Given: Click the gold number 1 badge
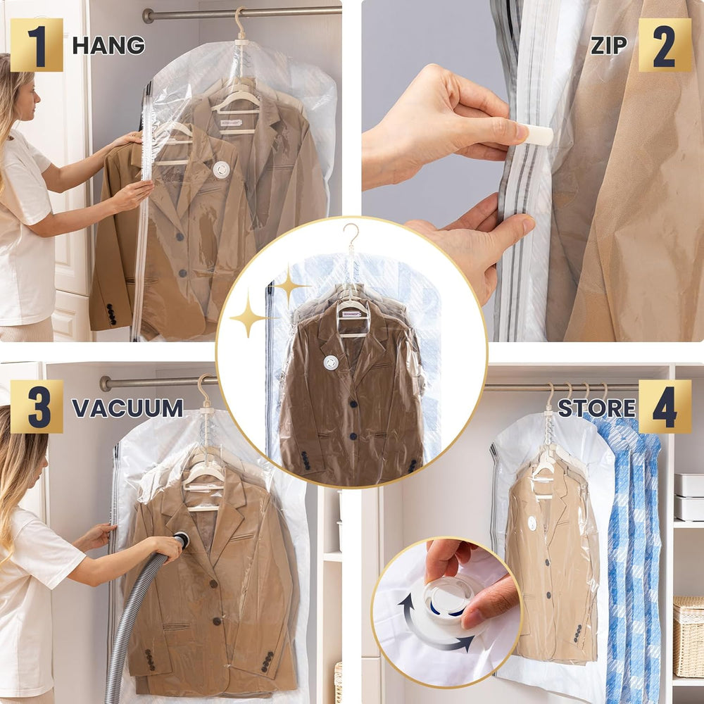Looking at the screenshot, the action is [x=37, y=45].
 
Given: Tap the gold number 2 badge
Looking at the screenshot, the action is [x=665, y=45].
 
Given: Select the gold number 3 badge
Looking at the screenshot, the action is [x=37, y=407].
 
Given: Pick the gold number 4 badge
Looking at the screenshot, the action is [x=665, y=407].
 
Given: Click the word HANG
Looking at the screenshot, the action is [x=108, y=45].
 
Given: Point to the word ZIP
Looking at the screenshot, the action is [x=609, y=45].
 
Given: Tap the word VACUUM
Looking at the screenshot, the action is [x=127, y=408].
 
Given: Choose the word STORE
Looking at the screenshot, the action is [x=596, y=408].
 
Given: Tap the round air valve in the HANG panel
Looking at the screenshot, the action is [x=221, y=170].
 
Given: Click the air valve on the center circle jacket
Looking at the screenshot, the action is [x=331, y=362].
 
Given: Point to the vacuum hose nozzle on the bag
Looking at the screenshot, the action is [x=182, y=540].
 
